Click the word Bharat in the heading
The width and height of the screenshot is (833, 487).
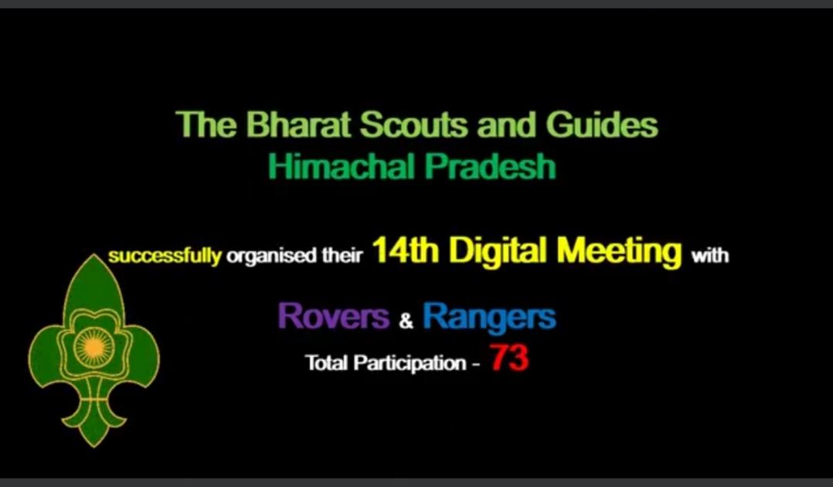tap(279, 125)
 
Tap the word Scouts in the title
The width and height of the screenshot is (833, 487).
tap(406, 125)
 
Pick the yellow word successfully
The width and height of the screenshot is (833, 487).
tap(165, 257)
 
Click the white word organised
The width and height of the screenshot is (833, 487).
tap(271, 257)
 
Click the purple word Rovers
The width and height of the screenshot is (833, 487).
tap(333, 316)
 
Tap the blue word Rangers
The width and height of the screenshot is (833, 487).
tap(489, 316)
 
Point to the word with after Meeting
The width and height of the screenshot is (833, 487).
tap(710, 256)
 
